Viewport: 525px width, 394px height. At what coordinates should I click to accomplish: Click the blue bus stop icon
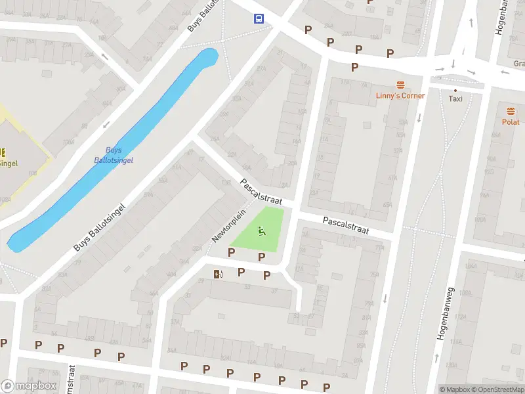click(x=259, y=18)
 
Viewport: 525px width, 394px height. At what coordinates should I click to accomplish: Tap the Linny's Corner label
click(x=400, y=96)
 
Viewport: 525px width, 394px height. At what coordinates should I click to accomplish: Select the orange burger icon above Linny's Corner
click(x=400, y=85)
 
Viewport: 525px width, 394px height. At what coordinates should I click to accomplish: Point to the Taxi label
click(x=455, y=98)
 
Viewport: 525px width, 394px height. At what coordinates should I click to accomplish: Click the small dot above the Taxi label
click(x=455, y=90)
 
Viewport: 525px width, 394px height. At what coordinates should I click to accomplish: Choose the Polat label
click(x=511, y=122)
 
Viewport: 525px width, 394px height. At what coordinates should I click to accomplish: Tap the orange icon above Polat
click(x=511, y=111)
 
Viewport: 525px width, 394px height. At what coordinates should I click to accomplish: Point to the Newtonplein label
click(x=228, y=225)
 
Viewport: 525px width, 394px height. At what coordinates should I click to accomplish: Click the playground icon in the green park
click(x=262, y=230)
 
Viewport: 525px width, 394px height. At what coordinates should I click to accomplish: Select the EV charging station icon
click(x=217, y=274)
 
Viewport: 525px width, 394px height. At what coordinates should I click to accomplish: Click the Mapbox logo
click(x=28, y=386)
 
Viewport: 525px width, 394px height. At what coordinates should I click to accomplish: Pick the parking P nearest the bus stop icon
click(x=308, y=30)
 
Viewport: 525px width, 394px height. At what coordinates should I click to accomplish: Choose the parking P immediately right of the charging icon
click(x=241, y=272)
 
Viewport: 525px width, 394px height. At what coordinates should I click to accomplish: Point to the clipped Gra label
click(x=518, y=64)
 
